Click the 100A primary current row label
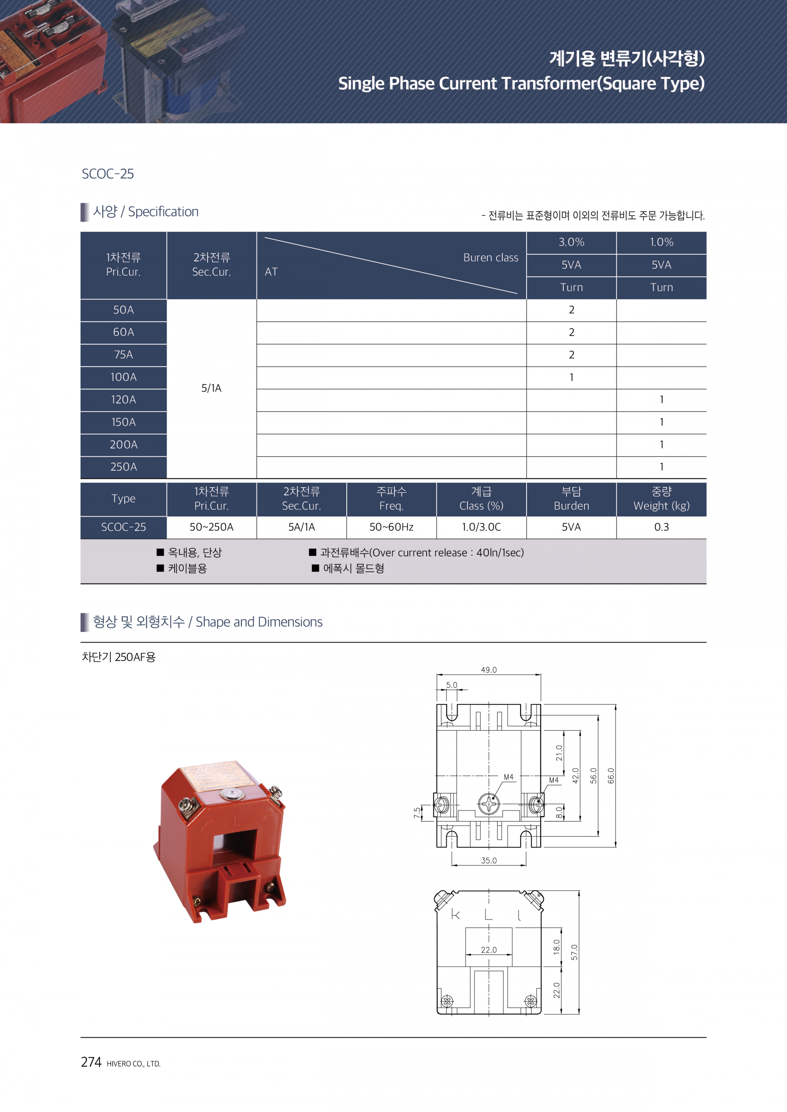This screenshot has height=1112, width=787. pos(123,377)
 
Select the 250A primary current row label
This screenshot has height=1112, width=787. pos(123,467)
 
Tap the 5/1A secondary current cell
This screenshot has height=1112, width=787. pos(211,388)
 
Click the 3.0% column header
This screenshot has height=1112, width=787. pos(571,242)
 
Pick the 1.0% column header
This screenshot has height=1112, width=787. pos(662,242)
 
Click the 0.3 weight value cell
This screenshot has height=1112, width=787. pos(662,527)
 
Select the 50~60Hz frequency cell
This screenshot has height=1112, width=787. pos(391,527)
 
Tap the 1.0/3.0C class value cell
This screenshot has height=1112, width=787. pos(481,527)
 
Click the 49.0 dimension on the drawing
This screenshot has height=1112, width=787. pos(489,670)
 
